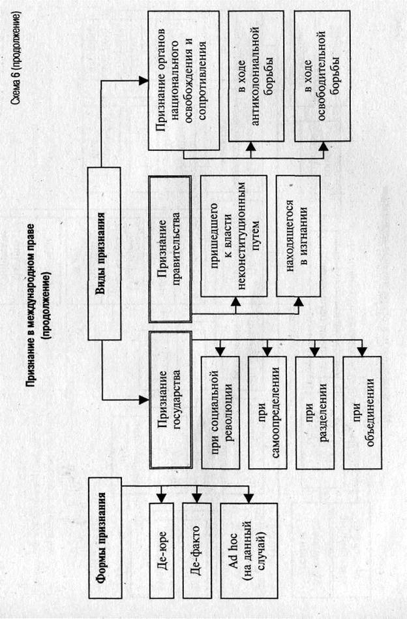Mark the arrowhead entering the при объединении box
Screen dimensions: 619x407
pyautogui.click(x=362, y=353)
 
